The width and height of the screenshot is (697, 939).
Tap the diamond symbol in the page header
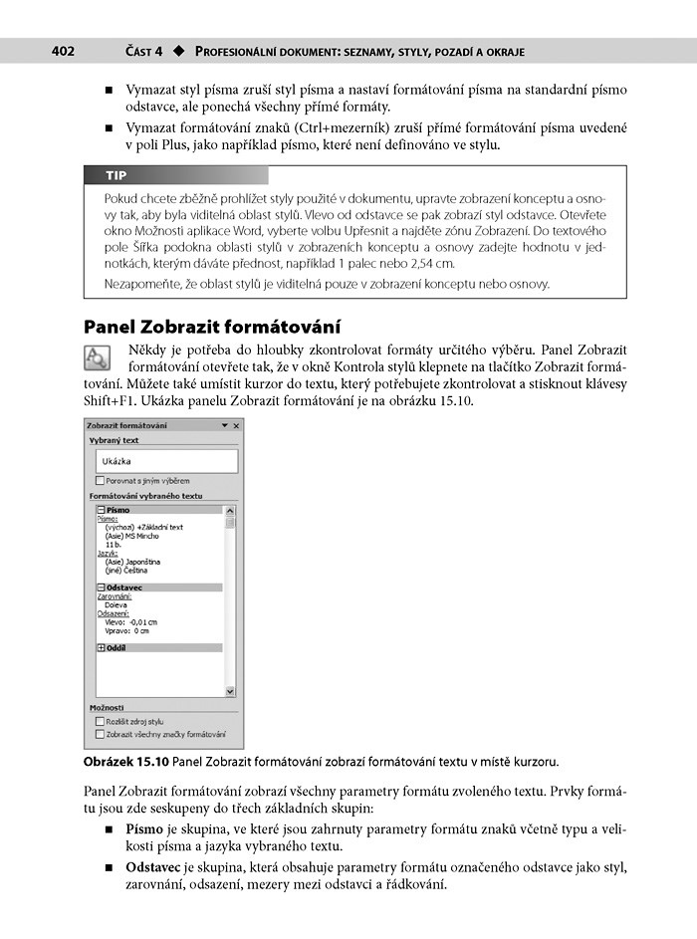coord(179,51)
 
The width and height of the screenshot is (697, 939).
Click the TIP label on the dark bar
coord(116,175)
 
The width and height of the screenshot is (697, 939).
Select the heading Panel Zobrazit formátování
coord(212,327)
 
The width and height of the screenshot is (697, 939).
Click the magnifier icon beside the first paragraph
coord(101,358)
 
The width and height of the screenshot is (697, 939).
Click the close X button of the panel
coord(236,425)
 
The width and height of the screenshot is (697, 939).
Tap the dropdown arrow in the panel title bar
coord(225,425)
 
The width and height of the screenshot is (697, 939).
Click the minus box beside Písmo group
coord(101,510)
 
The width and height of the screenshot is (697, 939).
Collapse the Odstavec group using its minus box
coord(101,587)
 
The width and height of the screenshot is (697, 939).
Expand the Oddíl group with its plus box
coord(101,647)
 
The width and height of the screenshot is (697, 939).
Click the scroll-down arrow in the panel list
coord(230,690)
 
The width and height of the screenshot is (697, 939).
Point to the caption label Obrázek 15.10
coord(126,763)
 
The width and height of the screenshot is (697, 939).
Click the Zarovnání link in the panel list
coord(114,596)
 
